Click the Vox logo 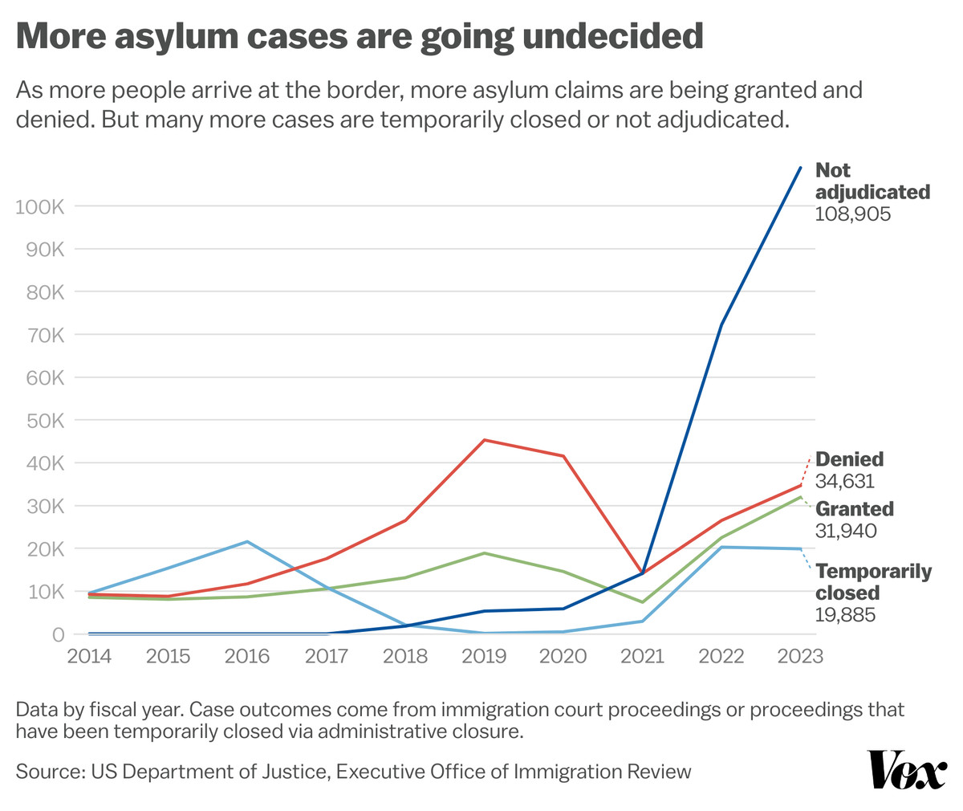(x=907, y=771)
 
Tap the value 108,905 (x=853, y=214)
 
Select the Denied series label (x=849, y=459)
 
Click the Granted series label (x=855, y=509)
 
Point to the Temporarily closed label (x=873, y=582)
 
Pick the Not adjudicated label (x=872, y=181)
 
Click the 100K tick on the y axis (x=39, y=206)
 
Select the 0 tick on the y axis (x=58, y=635)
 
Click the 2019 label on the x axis (x=484, y=657)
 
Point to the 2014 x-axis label (x=88, y=657)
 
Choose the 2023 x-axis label (x=800, y=657)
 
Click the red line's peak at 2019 (x=484, y=440)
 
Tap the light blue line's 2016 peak (x=247, y=542)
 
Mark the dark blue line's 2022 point (x=721, y=325)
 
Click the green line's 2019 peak (x=484, y=553)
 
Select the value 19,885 (x=844, y=615)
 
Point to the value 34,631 (x=844, y=481)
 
